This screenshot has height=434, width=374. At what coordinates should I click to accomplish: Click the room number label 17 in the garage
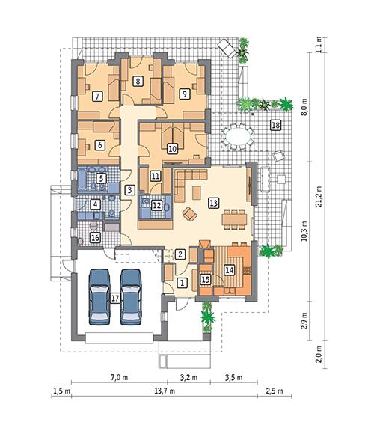pos(114,298)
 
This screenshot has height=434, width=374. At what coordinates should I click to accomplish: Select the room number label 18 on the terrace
pos(275,124)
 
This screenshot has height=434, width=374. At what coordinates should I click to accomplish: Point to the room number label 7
pos(97,96)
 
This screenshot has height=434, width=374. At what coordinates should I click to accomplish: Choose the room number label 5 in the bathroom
pos(101,178)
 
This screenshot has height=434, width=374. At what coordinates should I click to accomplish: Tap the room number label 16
pos(94,238)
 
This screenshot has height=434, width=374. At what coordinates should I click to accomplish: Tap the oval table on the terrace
pos(239,137)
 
